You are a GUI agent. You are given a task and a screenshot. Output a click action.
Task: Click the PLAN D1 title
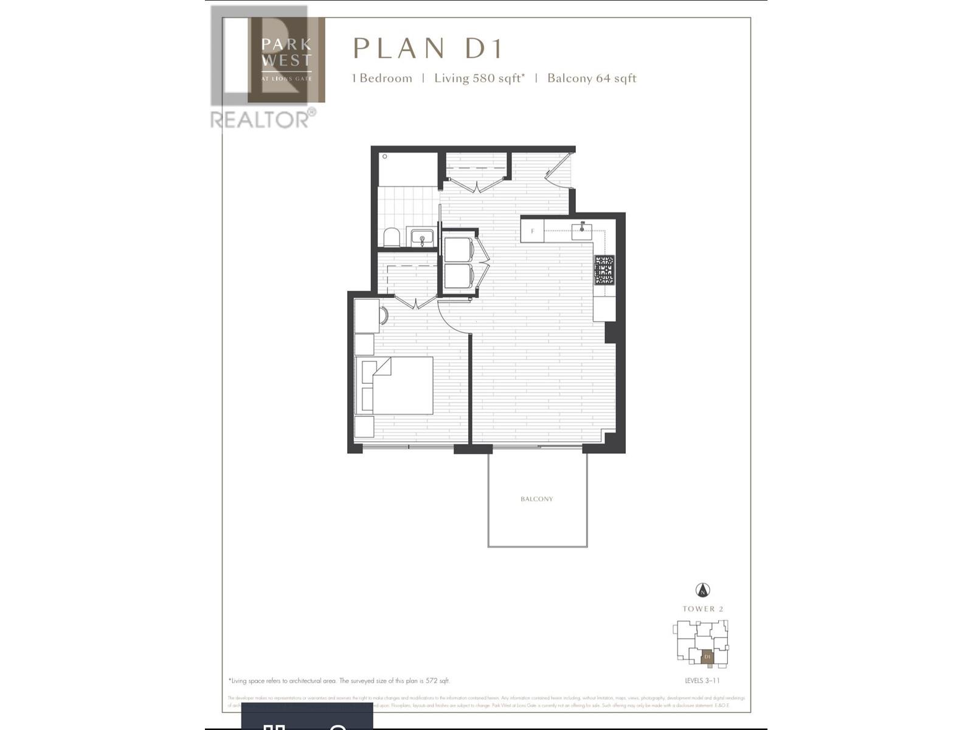tap(428, 49)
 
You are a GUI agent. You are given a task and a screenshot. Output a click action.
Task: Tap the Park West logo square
tap(286, 60)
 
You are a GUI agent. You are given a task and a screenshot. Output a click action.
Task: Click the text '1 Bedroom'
tap(382, 78)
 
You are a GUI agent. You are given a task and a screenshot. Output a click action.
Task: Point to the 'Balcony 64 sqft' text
tap(592, 78)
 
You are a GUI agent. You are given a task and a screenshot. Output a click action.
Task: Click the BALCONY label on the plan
tap(536, 499)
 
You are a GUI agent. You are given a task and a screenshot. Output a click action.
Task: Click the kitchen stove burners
tap(604, 270)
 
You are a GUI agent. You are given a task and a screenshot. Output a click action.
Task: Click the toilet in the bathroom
tap(392, 237)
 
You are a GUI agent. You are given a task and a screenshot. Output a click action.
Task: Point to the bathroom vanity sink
tap(421, 237)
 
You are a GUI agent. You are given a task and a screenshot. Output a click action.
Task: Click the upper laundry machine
tap(459, 249)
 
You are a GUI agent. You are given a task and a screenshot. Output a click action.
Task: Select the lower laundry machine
tap(459, 276)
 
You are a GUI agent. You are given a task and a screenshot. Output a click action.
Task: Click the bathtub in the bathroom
tap(407, 170)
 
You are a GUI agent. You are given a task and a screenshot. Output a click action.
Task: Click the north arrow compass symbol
tap(702, 590)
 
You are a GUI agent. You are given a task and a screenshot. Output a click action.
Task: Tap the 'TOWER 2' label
tap(702, 609)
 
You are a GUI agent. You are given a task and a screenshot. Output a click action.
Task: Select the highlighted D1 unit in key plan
tap(707, 657)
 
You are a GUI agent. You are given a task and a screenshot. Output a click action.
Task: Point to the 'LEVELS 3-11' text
tap(702, 681)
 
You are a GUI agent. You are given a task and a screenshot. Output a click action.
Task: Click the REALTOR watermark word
tap(260, 119)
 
